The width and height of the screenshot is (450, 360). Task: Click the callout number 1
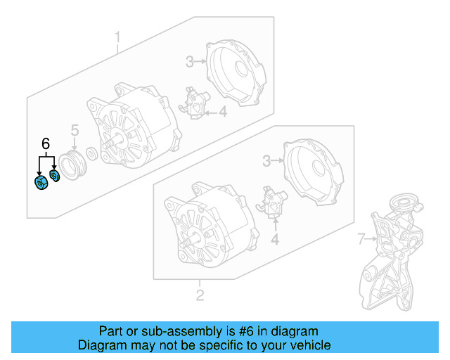(118, 36)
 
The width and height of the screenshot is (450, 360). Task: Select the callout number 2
(200, 295)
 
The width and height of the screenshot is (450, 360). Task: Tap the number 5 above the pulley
(74, 130)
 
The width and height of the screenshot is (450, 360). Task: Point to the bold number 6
(46, 144)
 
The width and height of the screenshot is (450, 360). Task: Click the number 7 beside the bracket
(361, 240)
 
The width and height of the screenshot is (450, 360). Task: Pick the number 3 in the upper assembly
(189, 62)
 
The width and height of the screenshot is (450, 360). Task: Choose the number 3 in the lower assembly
(266, 162)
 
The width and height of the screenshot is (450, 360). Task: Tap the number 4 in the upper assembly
(222, 111)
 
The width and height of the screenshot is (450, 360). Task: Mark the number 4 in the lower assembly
(276, 240)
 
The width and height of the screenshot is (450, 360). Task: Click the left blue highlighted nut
(40, 184)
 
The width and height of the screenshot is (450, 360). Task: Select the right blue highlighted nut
(56, 176)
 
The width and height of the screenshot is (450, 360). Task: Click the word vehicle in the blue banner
(307, 345)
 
